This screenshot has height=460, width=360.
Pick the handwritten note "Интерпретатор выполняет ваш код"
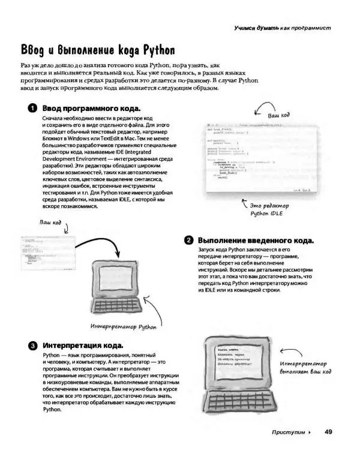(x=305, y=367)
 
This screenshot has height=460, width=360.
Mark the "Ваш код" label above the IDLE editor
(x=278, y=114)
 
